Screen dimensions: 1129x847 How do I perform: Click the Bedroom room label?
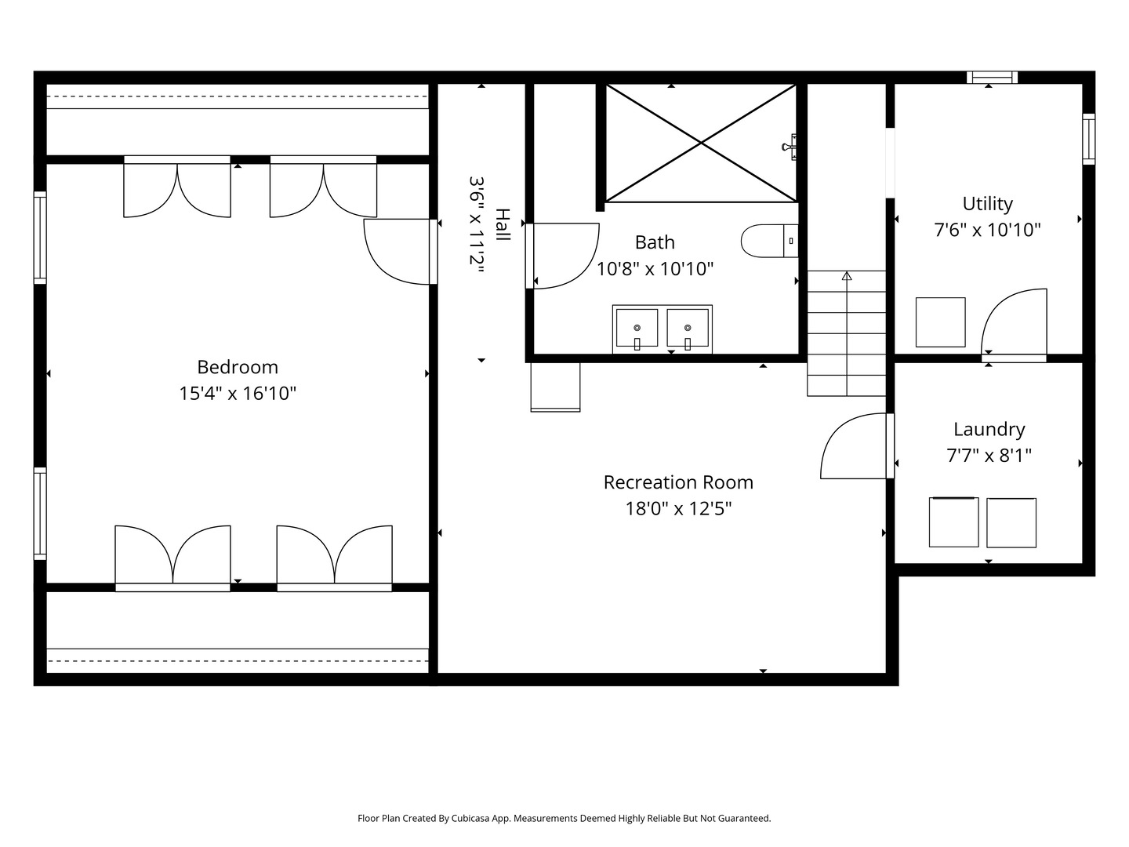238,367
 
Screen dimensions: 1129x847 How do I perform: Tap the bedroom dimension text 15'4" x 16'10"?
238,394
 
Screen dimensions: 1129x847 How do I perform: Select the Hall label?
503,225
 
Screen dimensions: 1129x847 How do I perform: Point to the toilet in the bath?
769,241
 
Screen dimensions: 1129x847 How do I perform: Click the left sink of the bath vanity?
637,328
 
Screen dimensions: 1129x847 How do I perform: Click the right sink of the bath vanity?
688,328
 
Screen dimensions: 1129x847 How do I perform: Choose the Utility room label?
988,204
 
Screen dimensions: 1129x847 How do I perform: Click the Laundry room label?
989,430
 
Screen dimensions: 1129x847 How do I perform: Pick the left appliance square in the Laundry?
953,522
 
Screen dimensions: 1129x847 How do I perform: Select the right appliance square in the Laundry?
1011,522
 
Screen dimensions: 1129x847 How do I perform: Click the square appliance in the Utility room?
940,322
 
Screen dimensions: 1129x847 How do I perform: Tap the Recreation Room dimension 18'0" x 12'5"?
678,509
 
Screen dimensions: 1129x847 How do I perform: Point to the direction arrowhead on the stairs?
847,275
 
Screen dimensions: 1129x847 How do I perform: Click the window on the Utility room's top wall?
992,77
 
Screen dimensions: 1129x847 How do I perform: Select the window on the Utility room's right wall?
1089,139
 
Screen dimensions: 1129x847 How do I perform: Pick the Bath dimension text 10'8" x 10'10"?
655,269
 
